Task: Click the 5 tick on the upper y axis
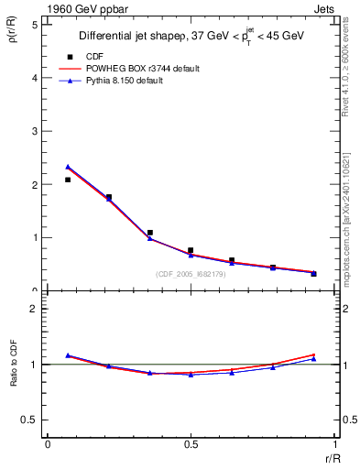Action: point(35,25)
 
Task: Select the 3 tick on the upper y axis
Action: point(35,131)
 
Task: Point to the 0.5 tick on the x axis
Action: point(191,445)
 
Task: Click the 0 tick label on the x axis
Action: point(48,445)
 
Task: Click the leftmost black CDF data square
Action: point(68,180)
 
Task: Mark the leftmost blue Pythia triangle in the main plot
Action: point(68,167)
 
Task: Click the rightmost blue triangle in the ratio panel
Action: point(313,358)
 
